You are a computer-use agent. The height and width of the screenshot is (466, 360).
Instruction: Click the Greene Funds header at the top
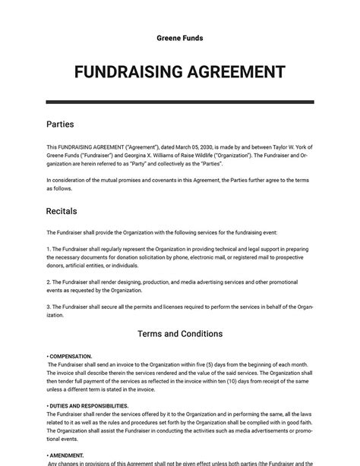click(179, 37)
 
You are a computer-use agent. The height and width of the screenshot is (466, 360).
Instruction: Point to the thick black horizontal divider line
click(179, 102)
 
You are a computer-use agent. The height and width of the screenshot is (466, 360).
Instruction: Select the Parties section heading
click(60, 124)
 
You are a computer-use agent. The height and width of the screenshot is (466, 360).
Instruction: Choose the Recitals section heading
click(62, 211)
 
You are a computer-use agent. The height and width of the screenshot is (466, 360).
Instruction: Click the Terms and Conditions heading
click(179, 334)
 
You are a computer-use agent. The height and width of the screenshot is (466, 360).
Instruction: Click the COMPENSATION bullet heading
click(71, 356)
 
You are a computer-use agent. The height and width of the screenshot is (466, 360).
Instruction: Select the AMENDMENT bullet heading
click(69, 455)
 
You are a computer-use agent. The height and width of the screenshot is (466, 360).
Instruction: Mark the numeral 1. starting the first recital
click(48, 248)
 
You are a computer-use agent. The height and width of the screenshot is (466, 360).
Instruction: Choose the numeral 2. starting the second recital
click(48, 282)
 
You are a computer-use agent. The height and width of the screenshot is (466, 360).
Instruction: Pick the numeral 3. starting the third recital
click(48, 307)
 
